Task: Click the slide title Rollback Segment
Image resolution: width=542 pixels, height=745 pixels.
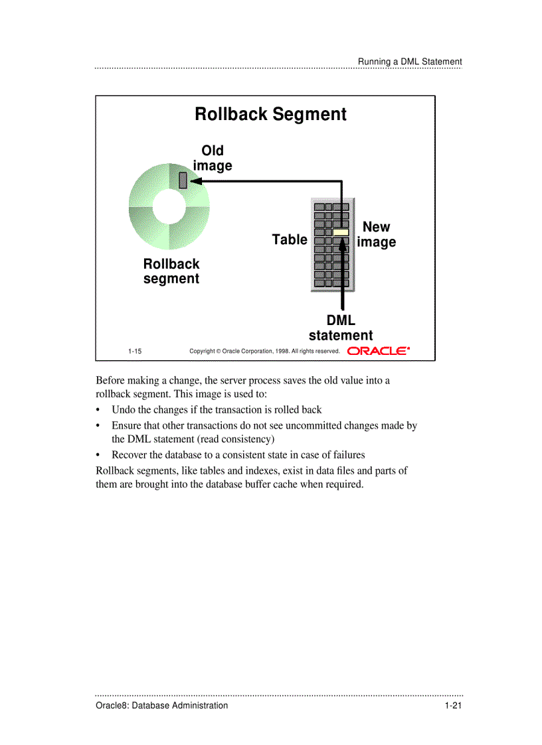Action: (270, 114)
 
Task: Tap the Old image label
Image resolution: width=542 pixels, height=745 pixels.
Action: (213, 158)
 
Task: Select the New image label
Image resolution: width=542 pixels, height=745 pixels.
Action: (376, 234)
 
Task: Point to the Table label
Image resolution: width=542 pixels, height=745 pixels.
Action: (290, 239)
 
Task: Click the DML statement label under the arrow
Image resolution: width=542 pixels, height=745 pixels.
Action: (341, 328)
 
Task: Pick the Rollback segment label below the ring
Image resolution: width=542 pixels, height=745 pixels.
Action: (171, 271)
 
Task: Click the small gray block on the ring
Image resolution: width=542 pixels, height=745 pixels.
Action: (183, 180)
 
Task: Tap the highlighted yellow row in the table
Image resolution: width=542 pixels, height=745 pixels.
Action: (341, 232)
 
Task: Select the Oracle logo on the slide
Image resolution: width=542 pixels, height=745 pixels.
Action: (379, 351)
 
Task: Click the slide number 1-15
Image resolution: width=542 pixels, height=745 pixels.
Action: (135, 351)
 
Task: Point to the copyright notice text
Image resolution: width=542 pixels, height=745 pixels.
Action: (264, 351)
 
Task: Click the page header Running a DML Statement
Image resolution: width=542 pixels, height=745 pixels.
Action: (410, 62)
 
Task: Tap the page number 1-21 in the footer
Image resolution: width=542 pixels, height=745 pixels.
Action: (453, 705)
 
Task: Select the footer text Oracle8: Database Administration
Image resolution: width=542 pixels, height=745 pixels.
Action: (161, 705)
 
